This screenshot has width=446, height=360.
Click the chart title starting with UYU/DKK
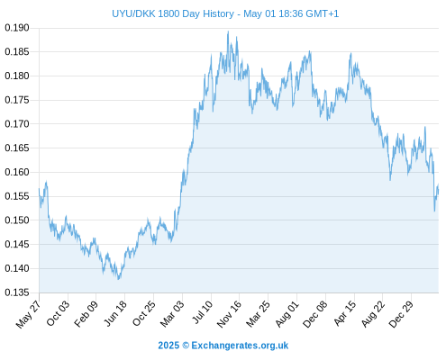[x=225, y=13]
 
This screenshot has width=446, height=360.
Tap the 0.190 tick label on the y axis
[x=17, y=28]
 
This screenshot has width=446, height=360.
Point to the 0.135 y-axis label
[x=17, y=292]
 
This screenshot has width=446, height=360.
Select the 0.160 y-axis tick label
[x=17, y=172]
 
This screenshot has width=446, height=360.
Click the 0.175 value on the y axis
[x=17, y=100]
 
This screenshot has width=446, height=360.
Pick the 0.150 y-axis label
[x=17, y=220]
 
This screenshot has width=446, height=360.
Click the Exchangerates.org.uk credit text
[x=240, y=346]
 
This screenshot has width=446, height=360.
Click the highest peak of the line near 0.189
[x=228, y=31]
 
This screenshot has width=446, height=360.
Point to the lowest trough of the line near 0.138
[x=119, y=279]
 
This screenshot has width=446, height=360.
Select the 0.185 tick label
[x=17, y=52]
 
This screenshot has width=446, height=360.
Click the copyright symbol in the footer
[x=186, y=346]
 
